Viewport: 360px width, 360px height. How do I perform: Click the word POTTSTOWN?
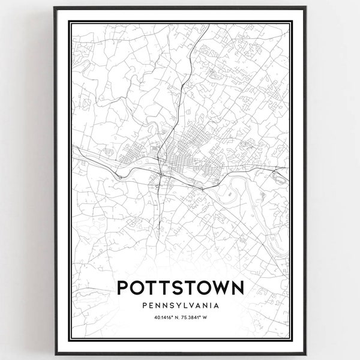180,287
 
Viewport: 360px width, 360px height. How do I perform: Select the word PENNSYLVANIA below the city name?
180,305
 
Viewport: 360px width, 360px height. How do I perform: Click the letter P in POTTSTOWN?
124,287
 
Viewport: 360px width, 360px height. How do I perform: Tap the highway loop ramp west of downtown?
120,175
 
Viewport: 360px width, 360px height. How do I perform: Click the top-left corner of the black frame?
55,8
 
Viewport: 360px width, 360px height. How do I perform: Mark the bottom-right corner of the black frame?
306,354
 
